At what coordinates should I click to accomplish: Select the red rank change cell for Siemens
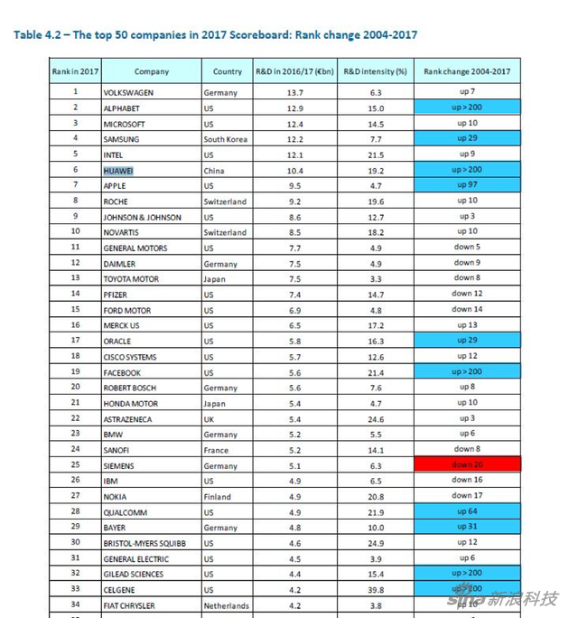point(467,464)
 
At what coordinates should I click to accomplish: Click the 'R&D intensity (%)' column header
point(375,70)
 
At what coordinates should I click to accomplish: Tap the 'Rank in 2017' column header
point(75,70)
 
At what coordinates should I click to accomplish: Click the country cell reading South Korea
point(226,139)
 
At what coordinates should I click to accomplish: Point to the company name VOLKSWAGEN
point(130,92)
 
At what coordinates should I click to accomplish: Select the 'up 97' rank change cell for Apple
point(467,185)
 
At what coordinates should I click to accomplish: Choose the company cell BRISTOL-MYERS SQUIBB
point(144,542)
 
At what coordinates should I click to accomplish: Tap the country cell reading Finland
point(218,496)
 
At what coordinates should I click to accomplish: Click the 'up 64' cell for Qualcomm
point(467,511)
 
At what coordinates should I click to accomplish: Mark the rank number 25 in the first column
point(76,464)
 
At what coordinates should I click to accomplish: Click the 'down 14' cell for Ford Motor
point(467,310)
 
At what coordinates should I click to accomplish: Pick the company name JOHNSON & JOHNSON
point(142,217)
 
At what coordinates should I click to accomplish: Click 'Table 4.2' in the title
point(39,35)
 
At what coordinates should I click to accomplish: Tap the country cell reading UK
point(209,418)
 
